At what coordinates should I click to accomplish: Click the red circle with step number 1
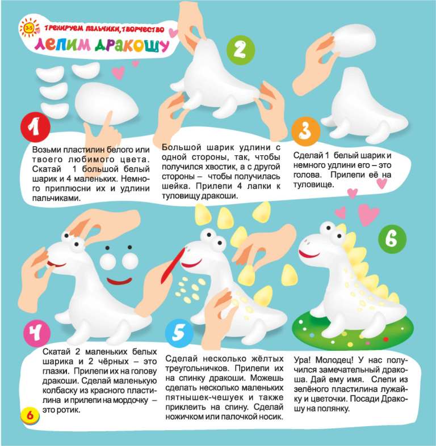click(x=35, y=127)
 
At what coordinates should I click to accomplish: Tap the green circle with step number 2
click(x=241, y=50)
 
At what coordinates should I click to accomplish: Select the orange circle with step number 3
click(x=306, y=131)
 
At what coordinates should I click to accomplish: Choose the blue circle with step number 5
click(x=179, y=333)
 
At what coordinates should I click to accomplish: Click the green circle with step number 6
click(x=392, y=239)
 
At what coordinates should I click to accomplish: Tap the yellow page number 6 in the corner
click(x=30, y=415)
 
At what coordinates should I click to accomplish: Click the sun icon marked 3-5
click(x=29, y=28)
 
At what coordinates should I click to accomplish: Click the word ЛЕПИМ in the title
click(x=62, y=45)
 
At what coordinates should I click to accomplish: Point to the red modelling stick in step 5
click(x=173, y=266)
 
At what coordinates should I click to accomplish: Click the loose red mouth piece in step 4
click(x=119, y=281)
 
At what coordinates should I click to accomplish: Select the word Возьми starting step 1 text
click(x=46, y=150)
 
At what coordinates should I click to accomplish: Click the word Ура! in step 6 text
click(x=302, y=360)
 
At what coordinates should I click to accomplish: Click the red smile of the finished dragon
click(x=309, y=254)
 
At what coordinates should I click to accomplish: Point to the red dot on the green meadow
click(x=385, y=339)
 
